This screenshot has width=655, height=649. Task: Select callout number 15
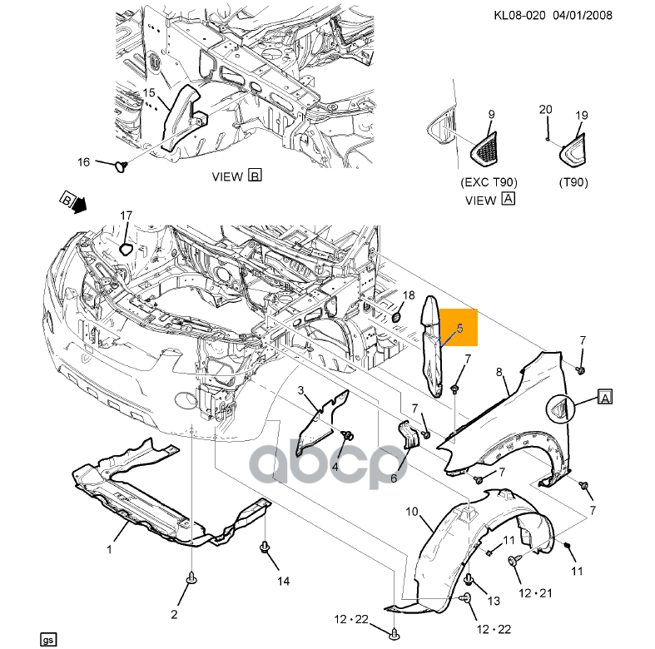tap(149, 92)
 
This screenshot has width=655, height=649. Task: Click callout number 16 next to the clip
tap(83, 161)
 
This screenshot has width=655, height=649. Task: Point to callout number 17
tap(126, 216)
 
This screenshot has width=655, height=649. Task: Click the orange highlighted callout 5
tap(459, 328)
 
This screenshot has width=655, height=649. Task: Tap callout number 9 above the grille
tap(490, 114)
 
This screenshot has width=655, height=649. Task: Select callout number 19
tap(581, 116)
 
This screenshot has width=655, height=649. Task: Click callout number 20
tap(546, 109)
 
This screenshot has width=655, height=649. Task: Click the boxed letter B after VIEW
tap(255, 176)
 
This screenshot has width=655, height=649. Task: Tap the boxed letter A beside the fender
tap(604, 399)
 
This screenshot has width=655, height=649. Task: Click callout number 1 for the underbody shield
tap(109, 549)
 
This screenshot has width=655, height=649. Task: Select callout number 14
tap(283, 581)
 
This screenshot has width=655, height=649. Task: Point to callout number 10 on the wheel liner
tap(411, 511)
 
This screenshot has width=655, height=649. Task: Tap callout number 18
tap(408, 295)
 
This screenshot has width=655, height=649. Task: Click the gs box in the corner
tap(48, 639)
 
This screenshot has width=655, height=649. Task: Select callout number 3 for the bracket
tap(301, 390)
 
